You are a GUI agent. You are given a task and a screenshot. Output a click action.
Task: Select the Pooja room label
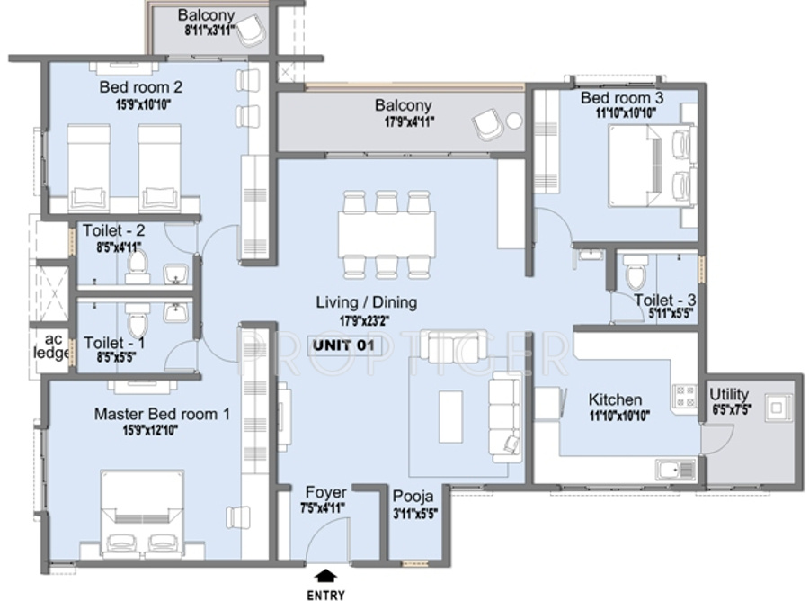[x=413, y=497]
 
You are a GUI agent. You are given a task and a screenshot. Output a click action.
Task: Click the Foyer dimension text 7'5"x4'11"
[x=325, y=507]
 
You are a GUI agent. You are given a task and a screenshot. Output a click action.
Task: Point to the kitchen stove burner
[x=684, y=395]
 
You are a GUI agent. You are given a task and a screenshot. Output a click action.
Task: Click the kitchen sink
[x=672, y=469]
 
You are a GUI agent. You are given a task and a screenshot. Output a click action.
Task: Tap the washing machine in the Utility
[x=774, y=407]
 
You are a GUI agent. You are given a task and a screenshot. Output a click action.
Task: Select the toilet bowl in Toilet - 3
[x=636, y=271]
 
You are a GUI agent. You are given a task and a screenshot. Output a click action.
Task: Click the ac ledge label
[x=51, y=346]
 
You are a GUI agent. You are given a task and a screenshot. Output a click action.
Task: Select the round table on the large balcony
[x=514, y=121]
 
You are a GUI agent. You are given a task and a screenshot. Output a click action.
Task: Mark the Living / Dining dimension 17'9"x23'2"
[x=365, y=318]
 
